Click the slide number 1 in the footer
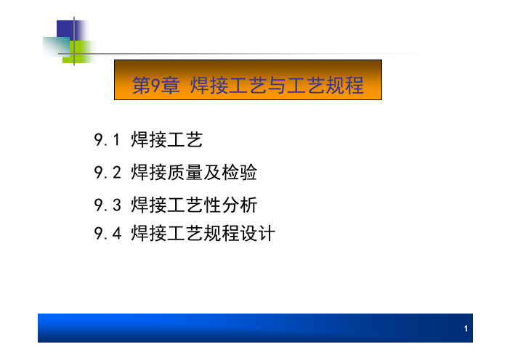[x=466, y=329]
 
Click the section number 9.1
[x=107, y=140]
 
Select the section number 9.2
[x=108, y=173]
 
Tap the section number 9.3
[x=108, y=205]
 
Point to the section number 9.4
[x=108, y=233]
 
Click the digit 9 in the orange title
[x=155, y=86]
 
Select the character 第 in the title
[x=142, y=86]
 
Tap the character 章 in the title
[x=170, y=86]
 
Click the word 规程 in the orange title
[x=345, y=86]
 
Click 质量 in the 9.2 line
[x=185, y=173]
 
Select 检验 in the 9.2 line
[x=240, y=173]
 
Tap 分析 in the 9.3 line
[x=240, y=205]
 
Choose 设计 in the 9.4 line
[x=258, y=233]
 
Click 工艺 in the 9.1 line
[x=185, y=140]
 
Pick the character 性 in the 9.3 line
[x=213, y=205]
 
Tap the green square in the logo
[x=79, y=52]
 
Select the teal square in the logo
[x=56, y=46]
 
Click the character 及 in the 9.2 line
[x=212, y=173]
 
